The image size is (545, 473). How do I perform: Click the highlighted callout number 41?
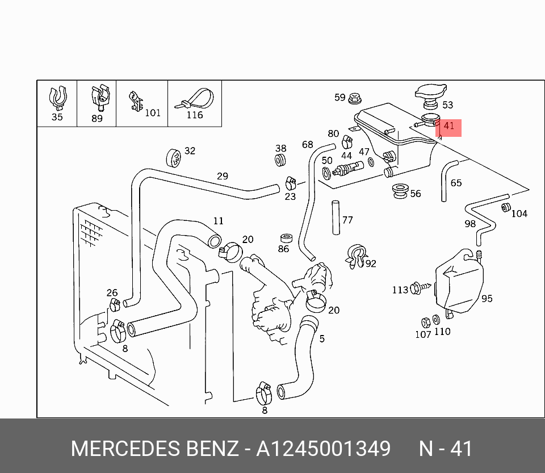tap(448, 126)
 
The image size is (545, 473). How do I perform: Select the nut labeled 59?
tap(355, 99)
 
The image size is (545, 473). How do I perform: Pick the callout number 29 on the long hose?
tap(223, 176)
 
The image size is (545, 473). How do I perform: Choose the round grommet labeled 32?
tap(174, 158)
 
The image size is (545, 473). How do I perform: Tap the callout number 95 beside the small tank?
tap(487, 298)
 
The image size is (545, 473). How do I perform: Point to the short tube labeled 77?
tap(335, 216)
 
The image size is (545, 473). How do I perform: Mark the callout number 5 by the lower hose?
tap(322, 339)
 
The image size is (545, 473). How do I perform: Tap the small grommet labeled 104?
tap(505, 207)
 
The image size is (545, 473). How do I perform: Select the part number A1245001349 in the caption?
tap(323, 449)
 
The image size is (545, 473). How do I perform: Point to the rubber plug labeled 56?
tap(400, 191)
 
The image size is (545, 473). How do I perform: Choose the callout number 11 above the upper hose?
tap(219, 221)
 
